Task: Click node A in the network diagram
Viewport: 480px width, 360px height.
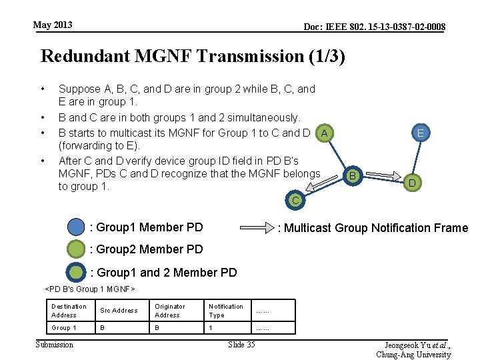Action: pos(324,133)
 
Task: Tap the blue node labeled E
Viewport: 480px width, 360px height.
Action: pos(421,133)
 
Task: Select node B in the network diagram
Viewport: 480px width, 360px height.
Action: pos(353,175)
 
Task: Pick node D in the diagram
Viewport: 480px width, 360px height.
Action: pos(413,182)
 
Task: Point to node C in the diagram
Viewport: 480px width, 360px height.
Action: pos(295,199)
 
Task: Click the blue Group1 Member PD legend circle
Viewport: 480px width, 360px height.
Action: pos(77,227)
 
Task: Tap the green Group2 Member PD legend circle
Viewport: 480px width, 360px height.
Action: pos(77,249)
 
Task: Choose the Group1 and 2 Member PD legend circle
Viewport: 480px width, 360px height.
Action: pos(77,272)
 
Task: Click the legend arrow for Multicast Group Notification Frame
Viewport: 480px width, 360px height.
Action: pos(256,227)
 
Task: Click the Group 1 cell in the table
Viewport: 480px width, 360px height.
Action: pos(64,328)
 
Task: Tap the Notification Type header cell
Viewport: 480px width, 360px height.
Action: pos(226,311)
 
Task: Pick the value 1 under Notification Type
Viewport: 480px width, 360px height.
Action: pos(211,328)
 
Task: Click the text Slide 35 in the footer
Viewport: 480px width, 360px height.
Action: pos(241,344)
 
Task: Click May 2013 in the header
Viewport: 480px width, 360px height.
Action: pos(53,25)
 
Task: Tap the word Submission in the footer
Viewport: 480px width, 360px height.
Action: pos(55,344)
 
